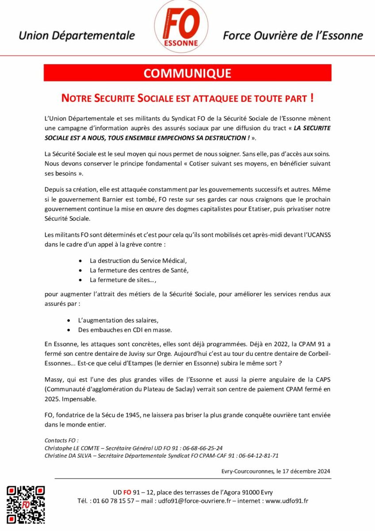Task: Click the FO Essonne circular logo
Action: [x=181, y=27]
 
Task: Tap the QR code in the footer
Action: [x=26, y=504]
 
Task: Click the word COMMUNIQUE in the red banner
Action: [x=187, y=73]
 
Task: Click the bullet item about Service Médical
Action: [x=138, y=260]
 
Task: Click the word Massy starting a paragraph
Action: [x=54, y=379]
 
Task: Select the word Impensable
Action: [x=80, y=399]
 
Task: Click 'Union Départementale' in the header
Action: [x=77, y=35]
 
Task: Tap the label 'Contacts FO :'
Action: [x=61, y=440]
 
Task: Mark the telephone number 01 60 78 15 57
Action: [x=114, y=501]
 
